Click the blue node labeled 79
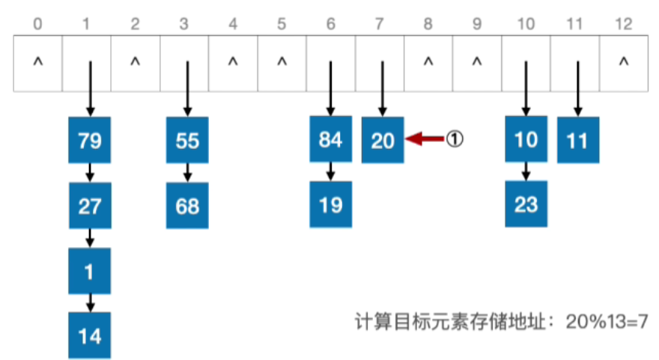(x=90, y=140)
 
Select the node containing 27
(x=90, y=205)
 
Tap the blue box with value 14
(x=90, y=335)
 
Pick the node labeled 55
(x=187, y=140)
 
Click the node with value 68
(x=187, y=205)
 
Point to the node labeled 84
(x=331, y=140)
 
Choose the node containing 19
(x=331, y=205)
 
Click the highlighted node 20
(x=383, y=140)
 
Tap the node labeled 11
(x=578, y=140)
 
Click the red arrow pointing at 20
(x=425, y=138)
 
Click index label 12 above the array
(x=622, y=24)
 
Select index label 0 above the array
(x=38, y=24)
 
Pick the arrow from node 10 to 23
(x=526, y=171)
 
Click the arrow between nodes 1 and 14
(x=90, y=302)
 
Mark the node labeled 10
(x=526, y=140)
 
